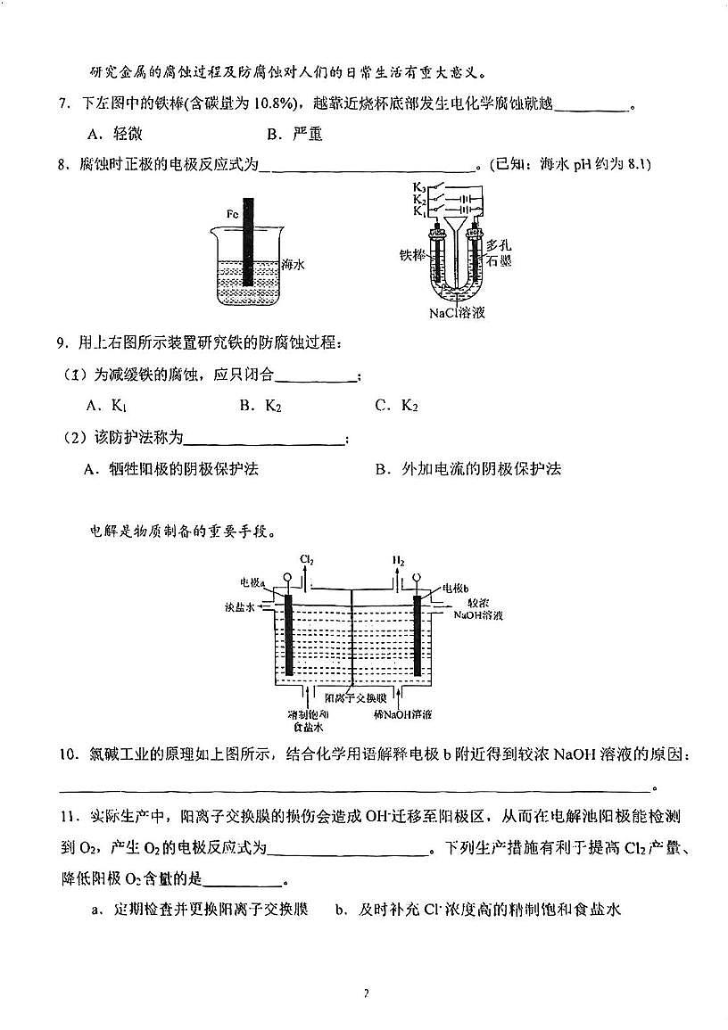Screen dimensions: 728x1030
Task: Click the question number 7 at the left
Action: coord(63,105)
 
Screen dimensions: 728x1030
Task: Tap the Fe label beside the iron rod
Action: coord(231,214)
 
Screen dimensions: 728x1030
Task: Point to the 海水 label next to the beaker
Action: coord(294,264)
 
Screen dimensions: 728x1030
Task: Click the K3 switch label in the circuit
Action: coord(418,187)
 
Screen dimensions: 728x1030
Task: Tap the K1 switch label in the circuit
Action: coord(418,212)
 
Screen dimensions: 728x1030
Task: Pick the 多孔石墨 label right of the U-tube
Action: coord(499,251)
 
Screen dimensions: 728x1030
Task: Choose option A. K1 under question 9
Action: coord(107,406)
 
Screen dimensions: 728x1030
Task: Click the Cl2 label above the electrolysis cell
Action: coord(307,561)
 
